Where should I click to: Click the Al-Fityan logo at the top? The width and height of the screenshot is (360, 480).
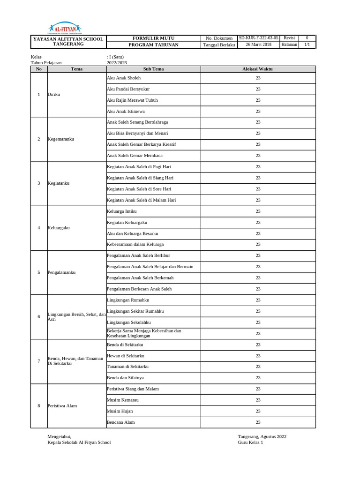[x=65, y=28]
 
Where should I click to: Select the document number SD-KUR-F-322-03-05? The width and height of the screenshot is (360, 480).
[x=258, y=38]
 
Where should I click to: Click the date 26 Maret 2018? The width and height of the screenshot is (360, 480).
[x=258, y=45]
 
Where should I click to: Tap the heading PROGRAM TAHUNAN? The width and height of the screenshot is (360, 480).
[x=153, y=45]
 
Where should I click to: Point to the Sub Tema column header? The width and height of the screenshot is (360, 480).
[x=153, y=69]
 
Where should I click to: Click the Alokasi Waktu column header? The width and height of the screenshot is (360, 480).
[x=257, y=69]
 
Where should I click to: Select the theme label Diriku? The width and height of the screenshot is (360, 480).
[x=54, y=95]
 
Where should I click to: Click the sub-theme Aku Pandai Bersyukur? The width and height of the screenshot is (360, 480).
[x=128, y=89]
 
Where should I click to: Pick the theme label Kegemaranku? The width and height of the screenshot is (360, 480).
[x=61, y=139]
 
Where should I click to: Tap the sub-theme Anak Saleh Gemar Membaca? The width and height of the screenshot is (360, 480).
[x=135, y=156]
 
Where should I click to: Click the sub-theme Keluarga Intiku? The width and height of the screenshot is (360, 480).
[x=122, y=211]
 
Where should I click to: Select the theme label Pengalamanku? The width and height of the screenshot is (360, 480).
[x=61, y=272]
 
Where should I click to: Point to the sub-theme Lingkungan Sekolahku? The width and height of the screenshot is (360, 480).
[x=127, y=322]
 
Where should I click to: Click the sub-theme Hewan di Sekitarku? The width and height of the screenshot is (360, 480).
[x=126, y=356]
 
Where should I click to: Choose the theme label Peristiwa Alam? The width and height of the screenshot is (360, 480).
[x=62, y=406]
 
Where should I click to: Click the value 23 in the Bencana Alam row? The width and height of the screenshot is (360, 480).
[x=258, y=422]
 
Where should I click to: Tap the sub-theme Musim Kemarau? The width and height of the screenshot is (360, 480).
[x=123, y=400]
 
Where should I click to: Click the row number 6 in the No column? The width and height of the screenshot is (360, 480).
[x=39, y=317]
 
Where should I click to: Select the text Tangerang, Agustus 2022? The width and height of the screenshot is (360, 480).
[x=262, y=436]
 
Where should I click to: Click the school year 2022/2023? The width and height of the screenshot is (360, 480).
[x=117, y=63]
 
